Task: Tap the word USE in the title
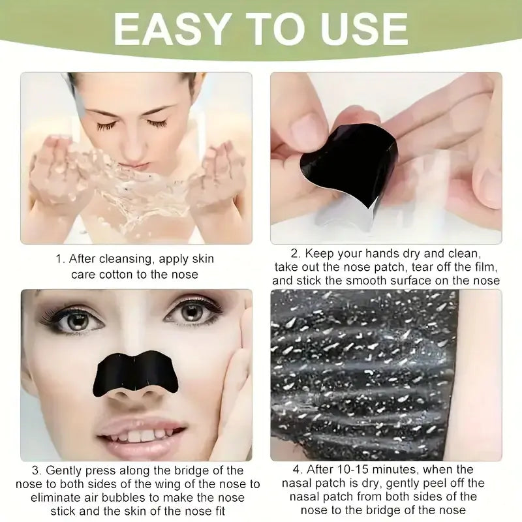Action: click(353, 29)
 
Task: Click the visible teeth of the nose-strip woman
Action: click(141, 434)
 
